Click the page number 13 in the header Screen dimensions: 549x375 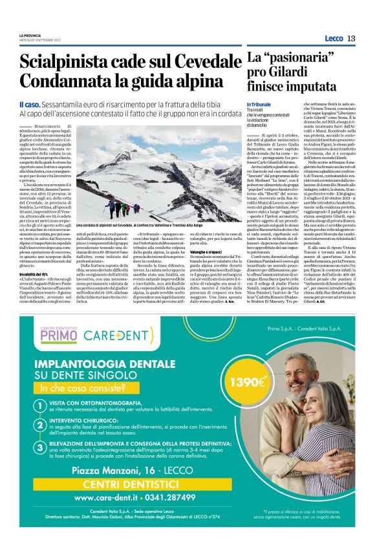click(351, 38)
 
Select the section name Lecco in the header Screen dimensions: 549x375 click(334, 38)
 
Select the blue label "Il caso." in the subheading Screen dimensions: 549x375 click(31, 104)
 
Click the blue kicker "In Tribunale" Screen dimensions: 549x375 click(259, 104)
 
